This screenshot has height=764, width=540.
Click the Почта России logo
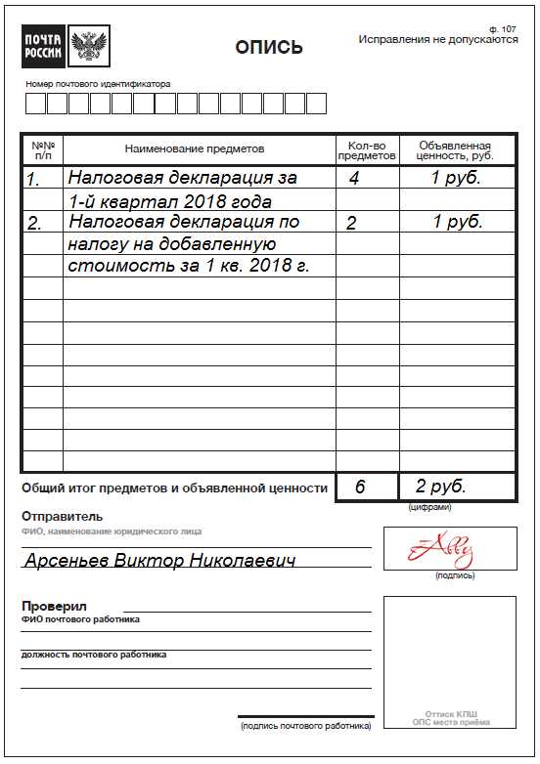click(67, 45)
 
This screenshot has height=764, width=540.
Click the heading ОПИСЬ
click(269, 48)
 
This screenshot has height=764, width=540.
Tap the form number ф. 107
click(502, 29)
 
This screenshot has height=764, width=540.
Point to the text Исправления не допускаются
click(437, 40)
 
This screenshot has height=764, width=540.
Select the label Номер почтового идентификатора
click(98, 84)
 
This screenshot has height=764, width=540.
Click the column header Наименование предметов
click(195, 149)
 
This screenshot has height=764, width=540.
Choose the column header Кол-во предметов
click(367, 149)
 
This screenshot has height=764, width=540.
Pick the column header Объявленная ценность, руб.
click(455, 149)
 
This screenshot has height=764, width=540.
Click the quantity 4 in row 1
click(354, 179)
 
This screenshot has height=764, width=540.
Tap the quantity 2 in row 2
click(351, 224)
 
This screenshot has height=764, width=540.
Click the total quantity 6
click(360, 487)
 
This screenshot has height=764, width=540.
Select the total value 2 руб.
click(440, 486)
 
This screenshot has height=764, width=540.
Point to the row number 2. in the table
click(34, 224)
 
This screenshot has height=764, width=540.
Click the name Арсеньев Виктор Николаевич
click(159, 561)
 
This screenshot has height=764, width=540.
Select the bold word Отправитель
click(62, 517)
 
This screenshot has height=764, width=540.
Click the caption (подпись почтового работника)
click(305, 726)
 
